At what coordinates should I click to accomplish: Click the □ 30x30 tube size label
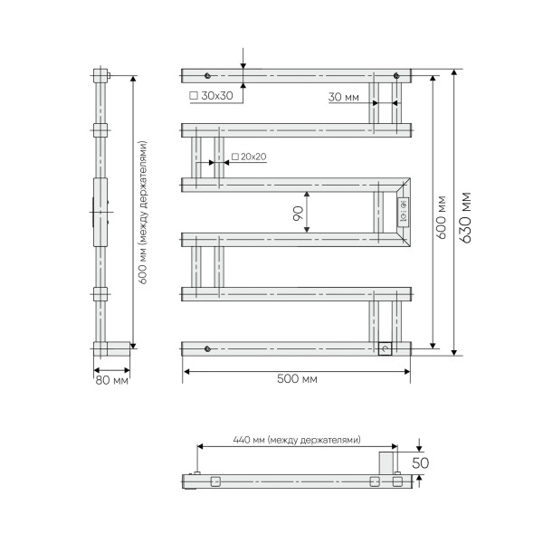[210, 94]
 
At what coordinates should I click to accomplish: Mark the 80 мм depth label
[112, 380]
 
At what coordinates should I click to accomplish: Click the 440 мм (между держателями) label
[297, 440]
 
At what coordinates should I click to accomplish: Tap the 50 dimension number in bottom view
[420, 462]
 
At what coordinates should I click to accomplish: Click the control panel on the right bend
[404, 212]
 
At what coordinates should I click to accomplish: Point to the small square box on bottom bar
[385, 348]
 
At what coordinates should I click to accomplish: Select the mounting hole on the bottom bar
[208, 348]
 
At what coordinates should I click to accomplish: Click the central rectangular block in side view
[100, 213]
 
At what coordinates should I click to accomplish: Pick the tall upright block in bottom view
[385, 463]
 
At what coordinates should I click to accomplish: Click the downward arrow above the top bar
[243, 63]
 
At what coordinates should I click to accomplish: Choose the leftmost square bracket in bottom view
[215, 481]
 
